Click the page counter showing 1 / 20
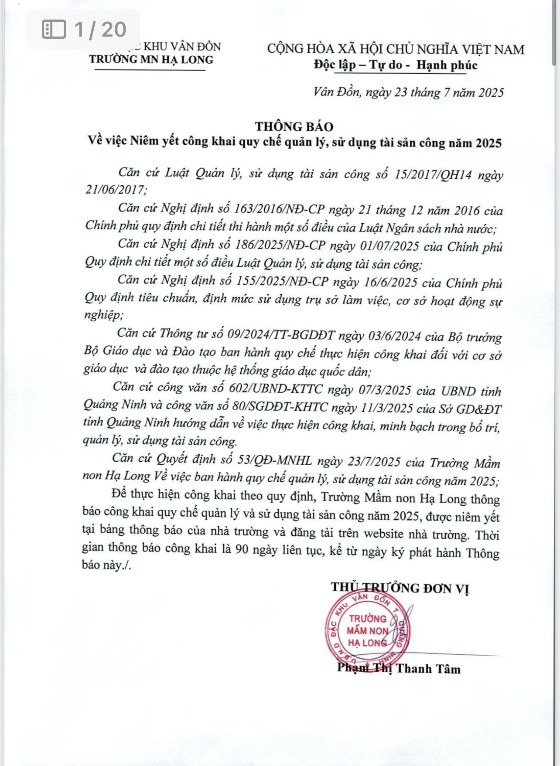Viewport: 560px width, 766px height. tap(100, 29)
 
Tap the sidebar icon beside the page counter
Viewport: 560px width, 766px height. tap(53, 29)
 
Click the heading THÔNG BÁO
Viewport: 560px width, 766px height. tap(294, 126)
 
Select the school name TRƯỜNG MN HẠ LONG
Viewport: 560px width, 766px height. tap(151, 60)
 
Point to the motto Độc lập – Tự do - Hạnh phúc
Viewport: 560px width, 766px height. tap(396, 65)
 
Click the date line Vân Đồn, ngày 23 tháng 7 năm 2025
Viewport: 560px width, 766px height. tap(409, 92)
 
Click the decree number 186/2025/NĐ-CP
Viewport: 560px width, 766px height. tap(280, 245)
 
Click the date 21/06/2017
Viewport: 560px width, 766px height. tap(115, 190)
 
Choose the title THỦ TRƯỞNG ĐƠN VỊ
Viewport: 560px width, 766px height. tap(400, 588)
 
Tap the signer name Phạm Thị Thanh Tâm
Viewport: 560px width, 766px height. tap(399, 668)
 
